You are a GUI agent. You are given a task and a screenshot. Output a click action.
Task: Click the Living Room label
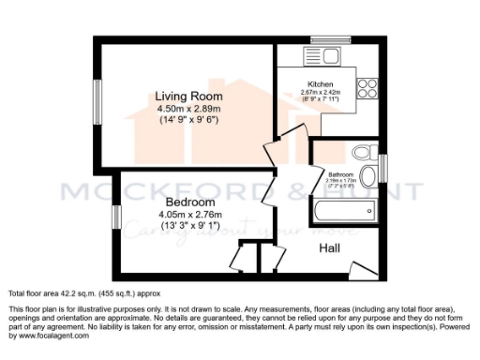(188, 95)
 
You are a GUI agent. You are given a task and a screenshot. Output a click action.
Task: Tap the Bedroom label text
(190, 202)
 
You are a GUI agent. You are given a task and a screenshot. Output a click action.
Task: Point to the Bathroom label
(341, 174)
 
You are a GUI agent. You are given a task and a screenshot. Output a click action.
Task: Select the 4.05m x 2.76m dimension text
(190, 215)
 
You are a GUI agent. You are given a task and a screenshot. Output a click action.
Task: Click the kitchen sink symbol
(312, 58)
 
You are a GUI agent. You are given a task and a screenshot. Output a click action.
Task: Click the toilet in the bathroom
(361, 154)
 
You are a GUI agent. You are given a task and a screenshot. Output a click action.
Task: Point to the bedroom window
(116, 217)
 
